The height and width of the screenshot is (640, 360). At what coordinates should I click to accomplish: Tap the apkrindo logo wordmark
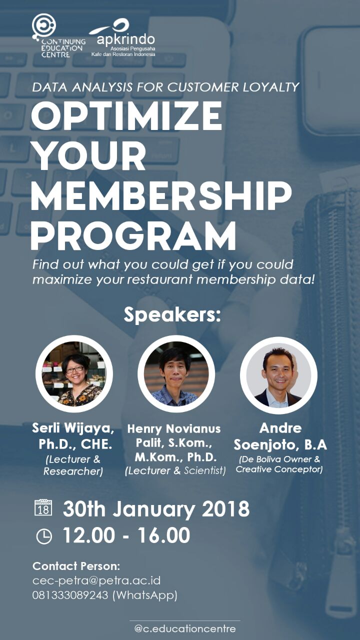tap(125, 39)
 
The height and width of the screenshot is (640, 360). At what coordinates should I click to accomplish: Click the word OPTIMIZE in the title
tap(126, 116)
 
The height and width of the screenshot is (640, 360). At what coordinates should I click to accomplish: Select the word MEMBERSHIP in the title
tap(161, 196)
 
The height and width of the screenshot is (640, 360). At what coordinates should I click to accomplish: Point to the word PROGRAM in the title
tap(133, 236)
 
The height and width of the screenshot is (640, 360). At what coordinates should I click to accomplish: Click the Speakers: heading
tap(172, 314)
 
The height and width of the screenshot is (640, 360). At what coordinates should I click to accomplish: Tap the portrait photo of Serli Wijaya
tap(74, 373)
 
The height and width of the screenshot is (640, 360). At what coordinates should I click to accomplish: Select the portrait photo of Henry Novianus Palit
tap(176, 373)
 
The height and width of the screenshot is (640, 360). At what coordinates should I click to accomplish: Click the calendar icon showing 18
tap(43, 507)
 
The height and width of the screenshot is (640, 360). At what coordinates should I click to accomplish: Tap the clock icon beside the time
tap(44, 536)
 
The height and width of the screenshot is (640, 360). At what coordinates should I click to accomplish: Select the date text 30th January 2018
tap(156, 509)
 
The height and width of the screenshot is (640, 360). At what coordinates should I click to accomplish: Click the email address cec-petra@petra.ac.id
tap(96, 580)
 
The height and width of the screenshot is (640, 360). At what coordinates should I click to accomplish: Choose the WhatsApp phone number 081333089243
tap(70, 595)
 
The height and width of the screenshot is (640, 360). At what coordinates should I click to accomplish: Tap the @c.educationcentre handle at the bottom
tap(185, 628)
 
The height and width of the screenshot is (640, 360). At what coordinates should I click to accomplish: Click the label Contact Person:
tap(76, 566)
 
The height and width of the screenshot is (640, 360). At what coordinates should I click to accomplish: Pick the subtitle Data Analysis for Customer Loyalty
tap(165, 87)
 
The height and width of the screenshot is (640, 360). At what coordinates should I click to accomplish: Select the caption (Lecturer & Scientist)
tap(175, 470)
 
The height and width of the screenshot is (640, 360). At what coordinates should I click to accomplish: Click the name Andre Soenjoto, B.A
tap(280, 436)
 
